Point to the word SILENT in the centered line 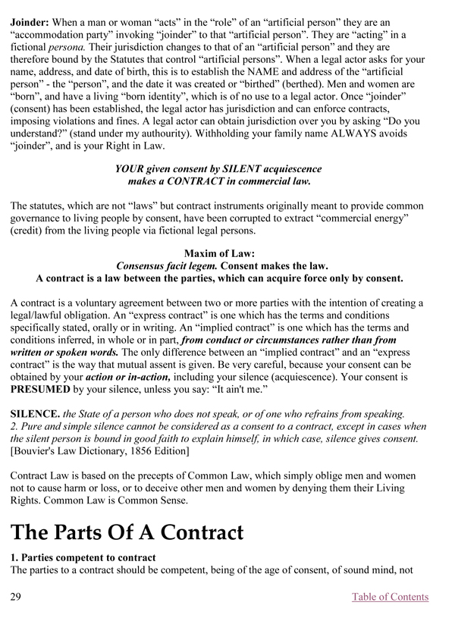tap(223, 168)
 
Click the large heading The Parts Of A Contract tap(127, 532)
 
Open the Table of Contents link tap(390, 597)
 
